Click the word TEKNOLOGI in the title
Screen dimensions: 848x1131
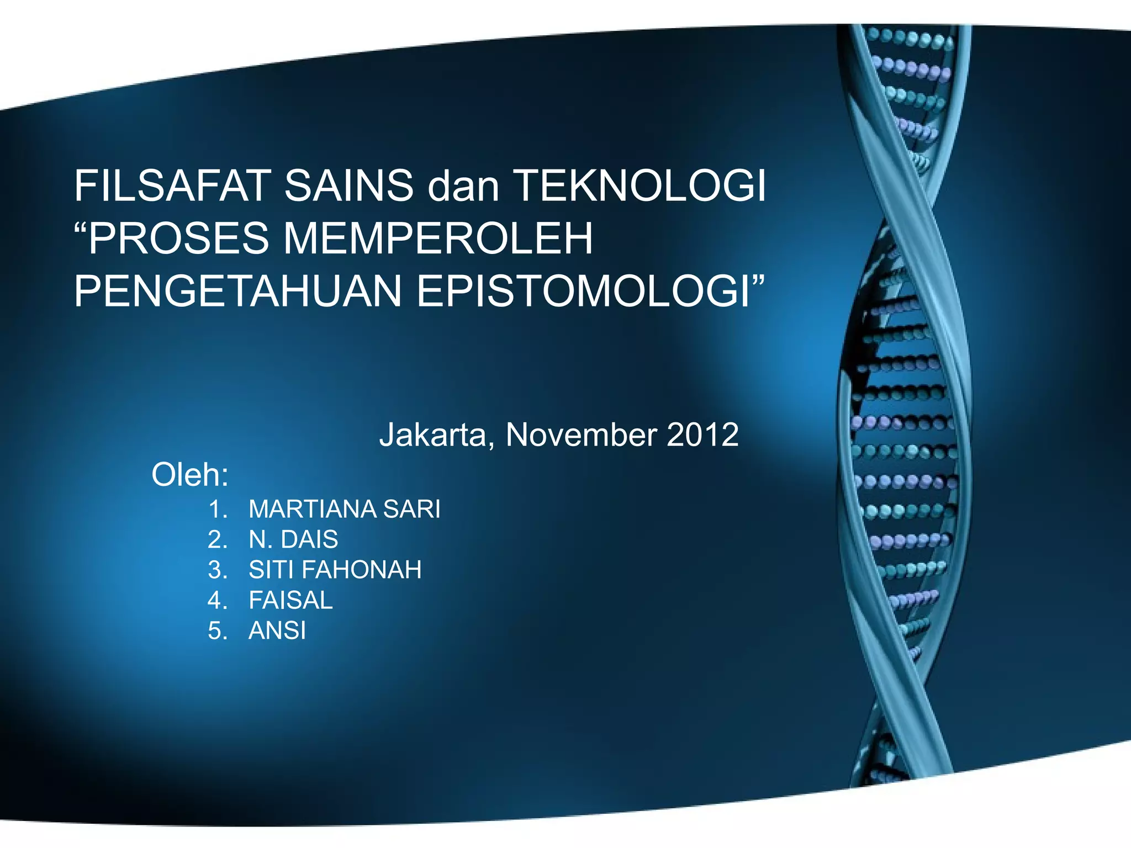click(x=640, y=186)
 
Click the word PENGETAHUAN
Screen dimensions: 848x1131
click(x=238, y=291)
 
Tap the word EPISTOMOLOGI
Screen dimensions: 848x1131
click(x=582, y=291)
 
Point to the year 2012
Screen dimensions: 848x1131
click(x=702, y=435)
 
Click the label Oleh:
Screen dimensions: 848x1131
click(x=190, y=475)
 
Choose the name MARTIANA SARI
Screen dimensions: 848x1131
click(x=344, y=509)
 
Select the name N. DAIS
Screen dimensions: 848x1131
click(x=293, y=539)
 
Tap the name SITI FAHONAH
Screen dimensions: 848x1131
click(x=335, y=570)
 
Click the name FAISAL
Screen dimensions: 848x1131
click(x=290, y=600)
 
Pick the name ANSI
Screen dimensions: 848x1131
click(x=277, y=630)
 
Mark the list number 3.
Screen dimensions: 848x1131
click(x=217, y=570)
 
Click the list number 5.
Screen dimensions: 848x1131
click(x=217, y=630)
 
